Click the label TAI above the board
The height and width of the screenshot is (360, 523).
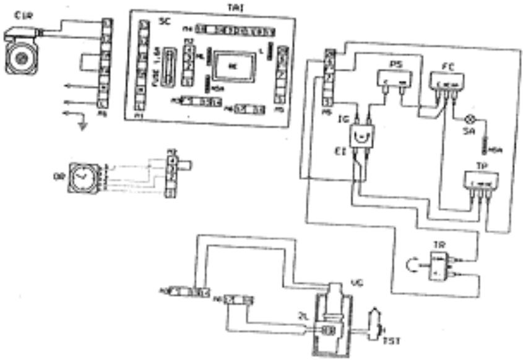236,6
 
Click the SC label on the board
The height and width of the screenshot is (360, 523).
164,22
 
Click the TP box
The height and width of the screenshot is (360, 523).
481,182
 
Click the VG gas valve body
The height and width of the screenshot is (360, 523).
333,322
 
